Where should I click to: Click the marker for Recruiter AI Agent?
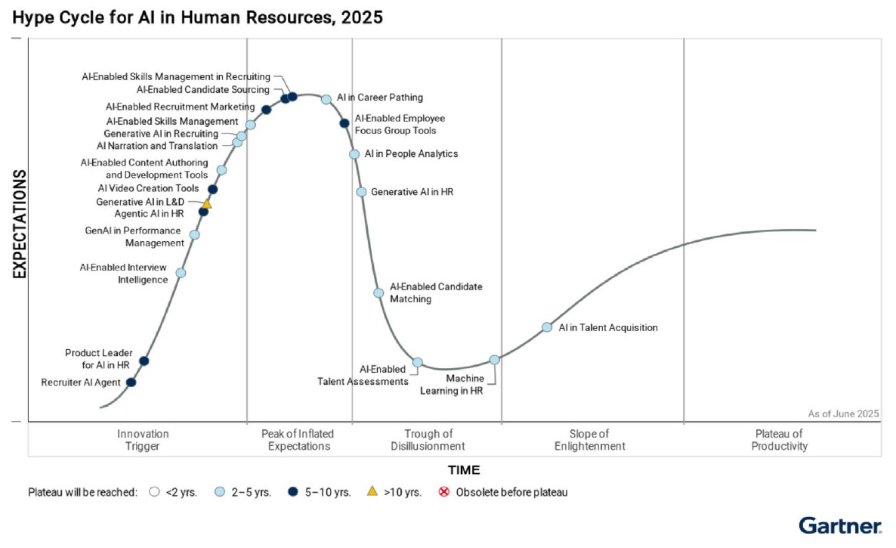pyautogui.click(x=131, y=382)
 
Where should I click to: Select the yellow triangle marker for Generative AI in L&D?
pyautogui.click(x=207, y=203)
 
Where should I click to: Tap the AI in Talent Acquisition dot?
pyautogui.click(x=547, y=327)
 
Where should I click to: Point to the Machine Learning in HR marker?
pyautogui.click(x=494, y=360)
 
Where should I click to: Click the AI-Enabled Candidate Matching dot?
pyautogui.click(x=378, y=293)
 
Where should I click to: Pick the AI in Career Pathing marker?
pyautogui.click(x=326, y=99)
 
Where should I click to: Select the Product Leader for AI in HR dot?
pyautogui.click(x=144, y=361)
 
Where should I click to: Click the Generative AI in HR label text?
pyautogui.click(x=412, y=192)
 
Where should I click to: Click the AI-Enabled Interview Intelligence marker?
pyautogui.click(x=181, y=273)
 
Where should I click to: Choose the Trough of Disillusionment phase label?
pyautogui.click(x=428, y=440)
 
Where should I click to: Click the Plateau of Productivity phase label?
pyautogui.click(x=780, y=440)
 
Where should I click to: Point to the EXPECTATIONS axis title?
pyautogui.click(x=20, y=224)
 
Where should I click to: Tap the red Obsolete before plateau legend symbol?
pyautogui.click(x=444, y=492)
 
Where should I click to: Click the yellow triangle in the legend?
pyautogui.click(x=372, y=492)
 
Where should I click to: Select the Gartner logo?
pyautogui.click(x=839, y=526)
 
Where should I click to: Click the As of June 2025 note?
pyautogui.click(x=843, y=413)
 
